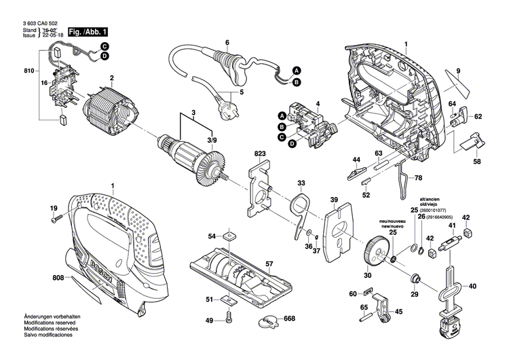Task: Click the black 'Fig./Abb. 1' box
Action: tap(86, 32)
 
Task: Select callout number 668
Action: tap(289, 319)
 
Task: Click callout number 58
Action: tap(477, 161)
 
